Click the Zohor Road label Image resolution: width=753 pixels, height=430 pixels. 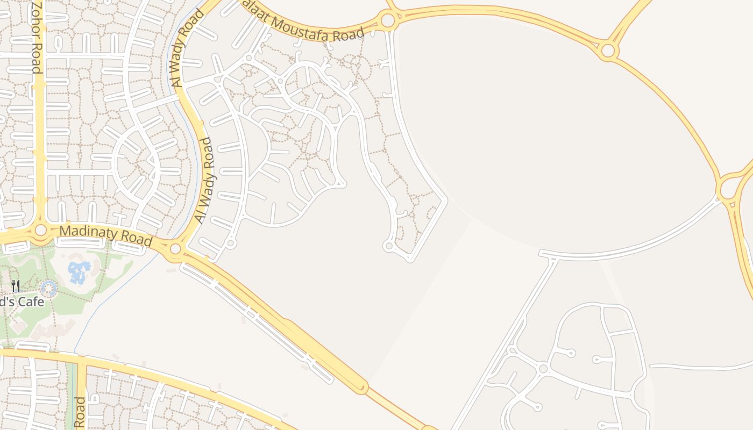pos(35,37)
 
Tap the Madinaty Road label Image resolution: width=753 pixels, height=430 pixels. pos(105,235)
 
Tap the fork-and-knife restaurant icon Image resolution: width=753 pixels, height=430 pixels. pos(16,286)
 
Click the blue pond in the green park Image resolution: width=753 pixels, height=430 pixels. pos(79,271)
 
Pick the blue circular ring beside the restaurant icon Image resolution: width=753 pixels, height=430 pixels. pos(49,288)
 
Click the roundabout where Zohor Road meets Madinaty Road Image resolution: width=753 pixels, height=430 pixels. pos(41,231)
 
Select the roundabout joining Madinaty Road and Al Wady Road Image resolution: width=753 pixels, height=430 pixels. pos(175,249)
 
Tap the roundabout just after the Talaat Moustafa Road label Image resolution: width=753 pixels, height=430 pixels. pos(387,21)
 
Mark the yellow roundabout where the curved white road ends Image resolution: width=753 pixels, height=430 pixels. pos(729,189)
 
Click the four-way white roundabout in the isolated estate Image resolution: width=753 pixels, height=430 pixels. pos(543,369)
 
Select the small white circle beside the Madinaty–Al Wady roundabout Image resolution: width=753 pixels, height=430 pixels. pos(231,243)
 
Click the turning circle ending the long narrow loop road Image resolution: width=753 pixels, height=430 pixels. pos(389,246)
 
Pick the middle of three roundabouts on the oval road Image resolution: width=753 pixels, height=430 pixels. pos(608,51)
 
